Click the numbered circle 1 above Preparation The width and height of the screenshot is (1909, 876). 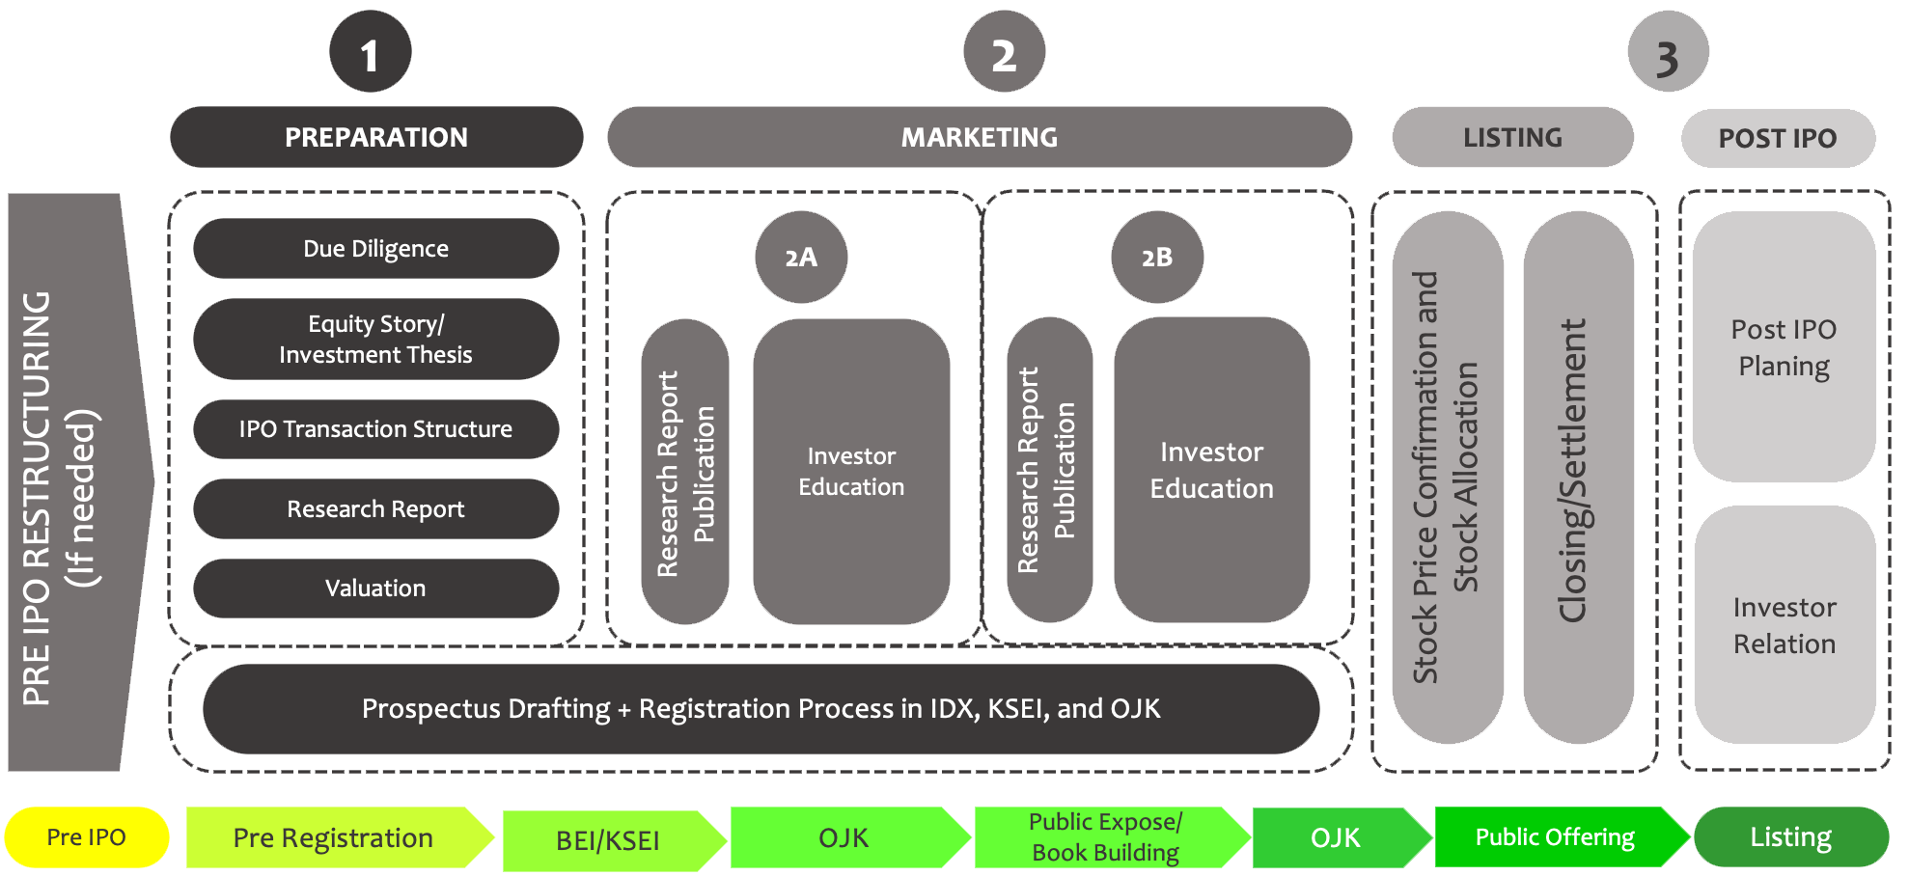[x=370, y=52]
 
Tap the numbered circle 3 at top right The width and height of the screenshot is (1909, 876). [x=1668, y=52]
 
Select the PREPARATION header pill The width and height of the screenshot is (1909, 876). [x=376, y=137]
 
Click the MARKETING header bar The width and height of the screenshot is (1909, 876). [x=979, y=137]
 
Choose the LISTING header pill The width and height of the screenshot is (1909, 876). [x=1512, y=137]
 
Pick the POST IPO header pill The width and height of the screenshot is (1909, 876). [x=1778, y=138]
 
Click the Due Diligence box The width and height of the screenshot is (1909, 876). [x=375, y=249]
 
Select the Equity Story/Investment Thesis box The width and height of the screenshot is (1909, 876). [x=375, y=339]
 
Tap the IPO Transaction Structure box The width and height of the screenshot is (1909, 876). [x=375, y=429]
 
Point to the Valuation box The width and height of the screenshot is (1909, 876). [x=375, y=589]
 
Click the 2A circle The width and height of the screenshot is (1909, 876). [x=801, y=258]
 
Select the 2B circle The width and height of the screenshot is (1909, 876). [x=1157, y=258]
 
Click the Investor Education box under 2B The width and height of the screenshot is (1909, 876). [x=1211, y=470]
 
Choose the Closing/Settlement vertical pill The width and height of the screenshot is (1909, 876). [x=1578, y=478]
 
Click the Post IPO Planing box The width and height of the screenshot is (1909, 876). [x=1784, y=347]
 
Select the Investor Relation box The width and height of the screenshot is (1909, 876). [x=1784, y=625]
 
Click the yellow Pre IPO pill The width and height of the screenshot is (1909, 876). [x=87, y=837]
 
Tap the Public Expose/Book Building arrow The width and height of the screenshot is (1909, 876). [x=1105, y=837]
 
